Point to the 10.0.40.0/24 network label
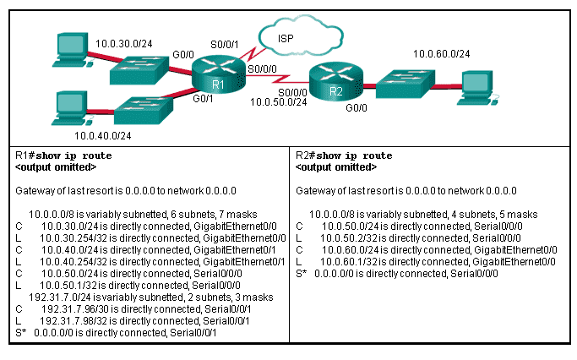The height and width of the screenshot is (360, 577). (x=102, y=134)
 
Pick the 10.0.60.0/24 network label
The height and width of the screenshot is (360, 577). (x=441, y=54)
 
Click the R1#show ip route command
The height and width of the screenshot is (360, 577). (x=64, y=156)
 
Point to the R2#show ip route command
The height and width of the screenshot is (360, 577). (x=344, y=156)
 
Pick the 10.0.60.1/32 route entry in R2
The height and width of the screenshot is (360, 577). (x=427, y=262)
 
